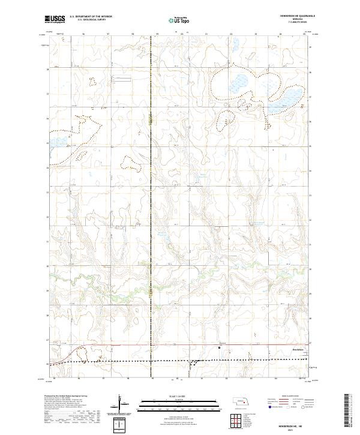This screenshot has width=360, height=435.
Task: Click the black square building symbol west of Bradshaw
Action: [x=219, y=347]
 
